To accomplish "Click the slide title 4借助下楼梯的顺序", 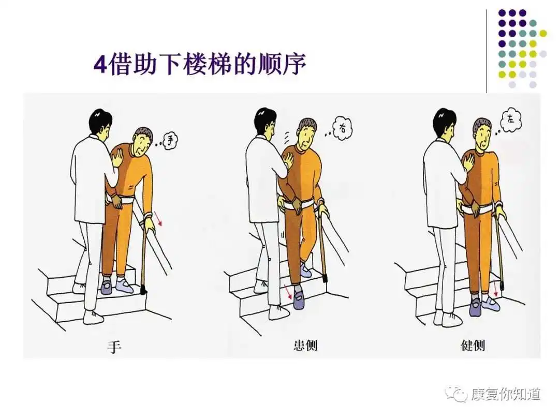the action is [200, 64].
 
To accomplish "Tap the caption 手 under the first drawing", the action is [114, 346].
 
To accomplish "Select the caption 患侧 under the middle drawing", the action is [305, 345].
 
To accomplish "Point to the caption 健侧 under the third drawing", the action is [473, 345].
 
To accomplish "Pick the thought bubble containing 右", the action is [342, 128].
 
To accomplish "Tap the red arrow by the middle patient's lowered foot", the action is [288, 292].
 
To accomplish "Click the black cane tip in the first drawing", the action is [144, 290].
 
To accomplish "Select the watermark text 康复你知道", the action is [506, 394].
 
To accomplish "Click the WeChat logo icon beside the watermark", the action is [455, 394].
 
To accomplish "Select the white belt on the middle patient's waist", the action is [300, 204].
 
